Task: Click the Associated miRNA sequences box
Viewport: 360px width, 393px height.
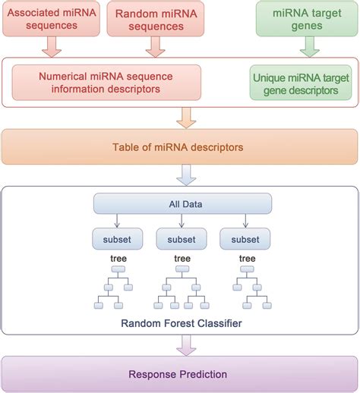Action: coord(50,18)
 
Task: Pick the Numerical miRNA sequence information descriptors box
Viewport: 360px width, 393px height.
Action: coord(107,82)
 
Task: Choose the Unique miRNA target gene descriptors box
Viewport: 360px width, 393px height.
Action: coord(301,82)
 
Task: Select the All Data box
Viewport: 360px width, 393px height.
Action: coord(182,203)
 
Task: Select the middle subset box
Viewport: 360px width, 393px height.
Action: coord(182,239)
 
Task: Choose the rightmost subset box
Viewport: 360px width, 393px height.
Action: coord(245,239)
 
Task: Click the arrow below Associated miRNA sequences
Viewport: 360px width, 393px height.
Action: coord(50,47)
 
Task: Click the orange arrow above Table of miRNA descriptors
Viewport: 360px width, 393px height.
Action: coord(185,118)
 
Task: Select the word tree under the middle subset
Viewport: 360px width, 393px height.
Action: coord(182,258)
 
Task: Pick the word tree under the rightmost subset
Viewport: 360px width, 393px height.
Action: coord(245,258)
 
